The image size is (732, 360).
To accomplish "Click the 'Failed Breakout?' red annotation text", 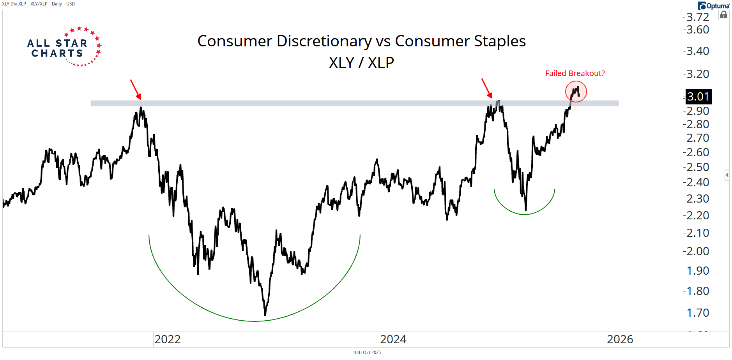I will coord(575,73).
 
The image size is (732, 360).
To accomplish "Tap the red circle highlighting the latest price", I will coord(576,92).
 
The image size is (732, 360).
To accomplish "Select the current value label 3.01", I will coord(698,97).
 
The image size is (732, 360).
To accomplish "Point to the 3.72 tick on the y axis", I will coord(698,17).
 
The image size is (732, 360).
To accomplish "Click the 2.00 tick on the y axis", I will coord(698,251).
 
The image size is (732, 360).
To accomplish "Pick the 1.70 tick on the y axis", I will coord(698,313).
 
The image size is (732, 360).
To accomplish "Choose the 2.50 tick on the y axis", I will coord(698,167).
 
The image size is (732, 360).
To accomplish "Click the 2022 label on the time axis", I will coord(167,339).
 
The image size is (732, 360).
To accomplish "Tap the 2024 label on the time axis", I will coord(393,339).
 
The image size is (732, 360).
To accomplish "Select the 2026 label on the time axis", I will coord(620,339).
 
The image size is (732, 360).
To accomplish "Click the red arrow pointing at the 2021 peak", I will coord(136,89).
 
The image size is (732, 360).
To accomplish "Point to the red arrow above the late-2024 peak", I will coord(487,88).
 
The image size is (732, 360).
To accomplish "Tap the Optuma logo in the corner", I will coord(713,6).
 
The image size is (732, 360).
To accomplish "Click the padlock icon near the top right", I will coord(724,15).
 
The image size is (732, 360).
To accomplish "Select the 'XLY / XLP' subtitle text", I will coord(361,63).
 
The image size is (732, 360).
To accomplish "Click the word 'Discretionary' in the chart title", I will coord(324,41).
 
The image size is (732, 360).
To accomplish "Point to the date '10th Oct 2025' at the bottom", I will coord(366,353).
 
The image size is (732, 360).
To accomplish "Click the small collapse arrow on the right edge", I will coord(727,175).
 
